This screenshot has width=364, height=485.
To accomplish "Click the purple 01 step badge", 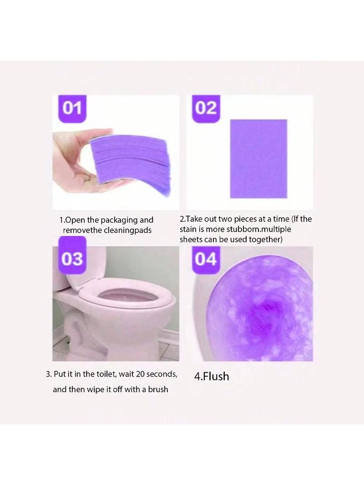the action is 72,108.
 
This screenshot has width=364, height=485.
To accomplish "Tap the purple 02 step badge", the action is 206,108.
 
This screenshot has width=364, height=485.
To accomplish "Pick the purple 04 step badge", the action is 206,259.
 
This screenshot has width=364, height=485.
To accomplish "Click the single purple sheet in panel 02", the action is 258,159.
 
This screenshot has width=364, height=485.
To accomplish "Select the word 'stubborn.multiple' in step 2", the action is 258,229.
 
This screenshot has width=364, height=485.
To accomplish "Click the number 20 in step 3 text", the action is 140,374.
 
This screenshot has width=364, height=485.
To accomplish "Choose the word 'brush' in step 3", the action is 158,389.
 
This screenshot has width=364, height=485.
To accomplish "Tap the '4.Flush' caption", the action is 212,376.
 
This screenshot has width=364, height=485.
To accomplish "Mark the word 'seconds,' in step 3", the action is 162,374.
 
